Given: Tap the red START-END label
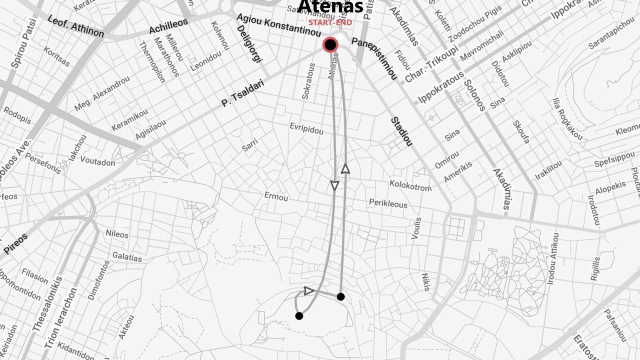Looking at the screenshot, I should click(x=330, y=22).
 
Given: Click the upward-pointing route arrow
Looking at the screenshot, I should click(x=345, y=168).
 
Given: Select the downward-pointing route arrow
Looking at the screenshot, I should click(x=335, y=185).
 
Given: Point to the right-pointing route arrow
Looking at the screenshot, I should click(x=308, y=290).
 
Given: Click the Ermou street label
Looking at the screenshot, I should click(x=276, y=196).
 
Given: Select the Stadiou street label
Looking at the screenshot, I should click(x=401, y=131).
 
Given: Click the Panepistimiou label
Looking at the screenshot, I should click(x=374, y=57).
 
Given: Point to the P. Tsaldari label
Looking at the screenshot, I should click(x=242, y=94).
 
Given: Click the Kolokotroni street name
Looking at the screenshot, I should click(x=410, y=185).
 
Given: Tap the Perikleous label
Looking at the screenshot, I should click(x=388, y=203).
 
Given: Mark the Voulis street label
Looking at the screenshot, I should click(x=416, y=228).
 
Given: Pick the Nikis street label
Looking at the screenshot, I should click(x=425, y=281).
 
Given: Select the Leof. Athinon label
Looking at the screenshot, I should click(x=75, y=26).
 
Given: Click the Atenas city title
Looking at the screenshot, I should click(x=330, y=7).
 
